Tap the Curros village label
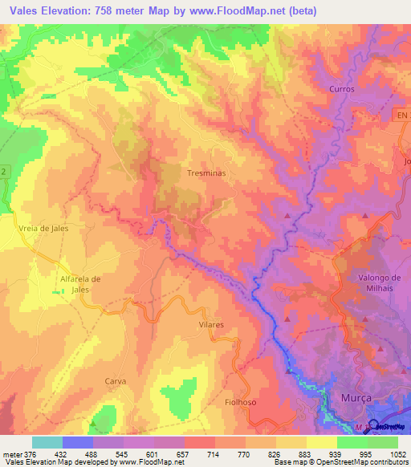[341, 89]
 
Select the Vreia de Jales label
[43, 229]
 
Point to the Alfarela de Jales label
[79, 284]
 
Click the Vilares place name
[210, 325]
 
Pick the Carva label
[116, 381]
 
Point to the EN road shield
[401, 116]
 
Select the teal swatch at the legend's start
[47, 442]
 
